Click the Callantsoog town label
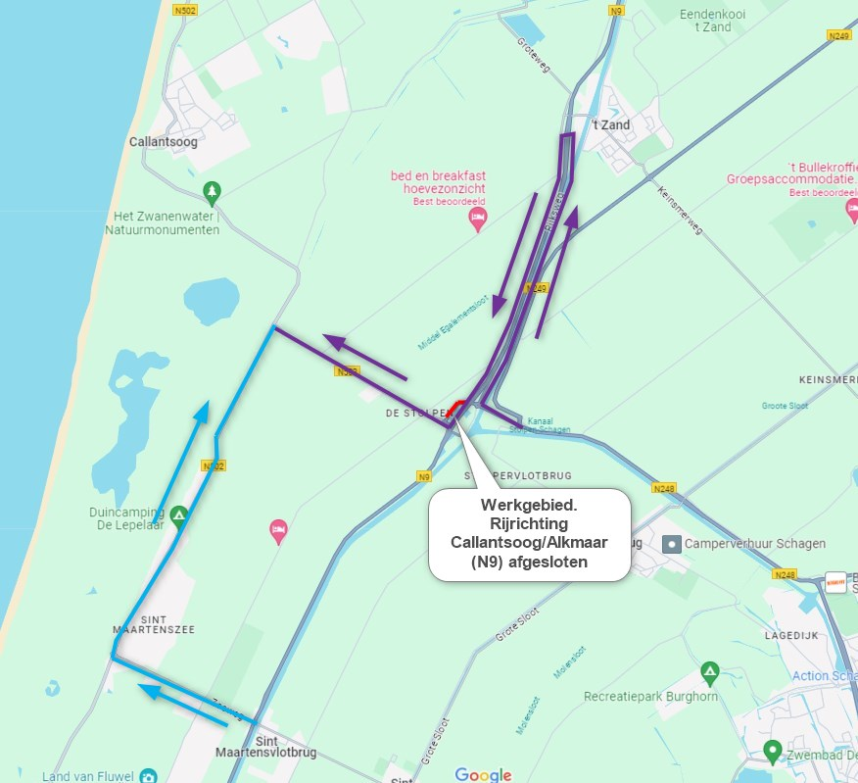tap(163, 142)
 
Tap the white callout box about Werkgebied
tap(529, 534)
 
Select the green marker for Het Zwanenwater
tap(211, 190)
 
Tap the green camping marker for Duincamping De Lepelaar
tap(178, 514)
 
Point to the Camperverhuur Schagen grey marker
tap(671, 544)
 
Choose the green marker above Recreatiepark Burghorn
tap(710, 673)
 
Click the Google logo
tap(484, 774)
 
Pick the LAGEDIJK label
tap(790, 636)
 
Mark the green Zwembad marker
tap(772, 752)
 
